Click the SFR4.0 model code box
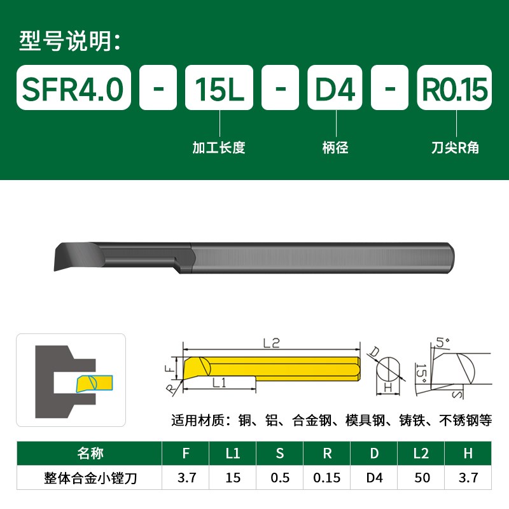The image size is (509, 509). [73, 88]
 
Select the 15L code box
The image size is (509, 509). [219, 88]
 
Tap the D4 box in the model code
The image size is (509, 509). [335, 88]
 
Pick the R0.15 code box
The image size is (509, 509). [454, 88]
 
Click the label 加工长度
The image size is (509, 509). [219, 148]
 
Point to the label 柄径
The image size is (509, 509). [335, 148]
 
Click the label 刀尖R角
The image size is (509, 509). [454, 148]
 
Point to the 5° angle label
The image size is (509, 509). [443, 343]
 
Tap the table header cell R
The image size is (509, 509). [327, 454]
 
